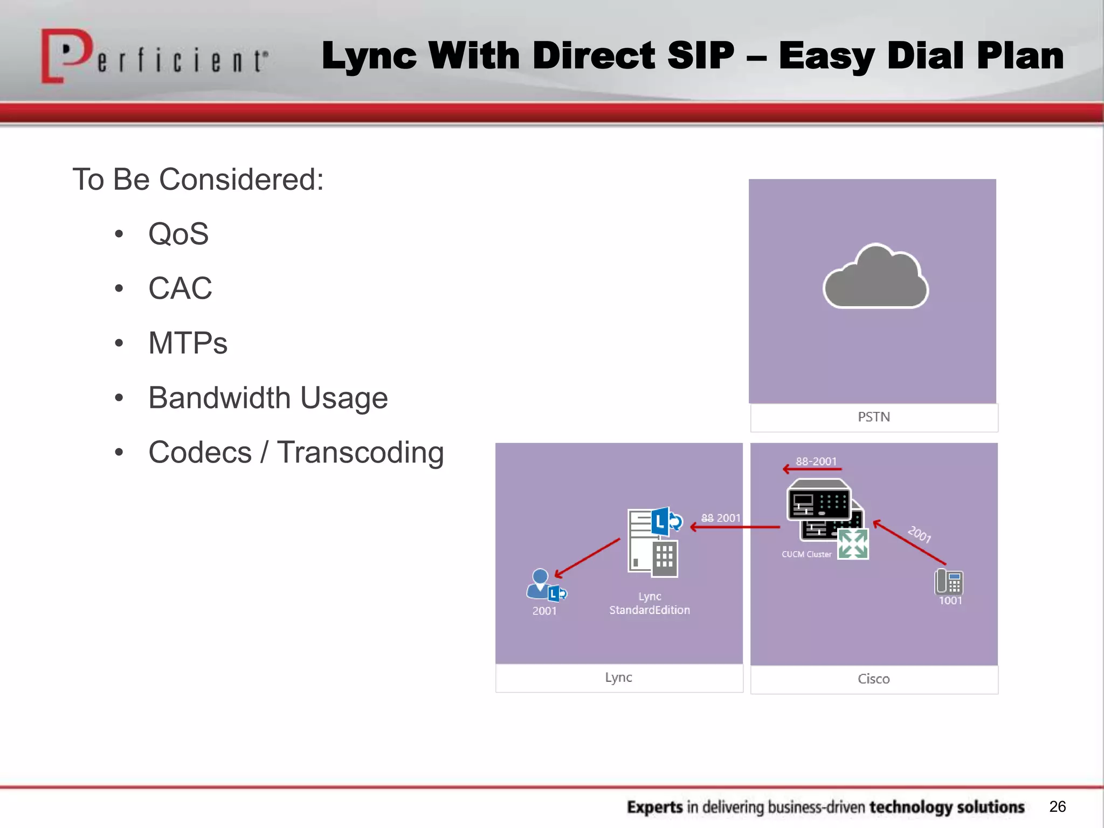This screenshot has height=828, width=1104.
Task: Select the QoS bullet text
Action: (178, 234)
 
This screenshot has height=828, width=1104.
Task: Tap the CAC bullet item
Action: (180, 288)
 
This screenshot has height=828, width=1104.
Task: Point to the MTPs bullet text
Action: (188, 343)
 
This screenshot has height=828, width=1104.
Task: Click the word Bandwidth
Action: (219, 398)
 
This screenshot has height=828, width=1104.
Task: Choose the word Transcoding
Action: (360, 452)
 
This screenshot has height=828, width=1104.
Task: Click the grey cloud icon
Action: (875, 278)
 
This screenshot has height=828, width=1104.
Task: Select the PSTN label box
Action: (874, 417)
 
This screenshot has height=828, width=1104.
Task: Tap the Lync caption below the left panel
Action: (618, 678)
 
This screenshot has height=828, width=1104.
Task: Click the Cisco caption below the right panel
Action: (874, 679)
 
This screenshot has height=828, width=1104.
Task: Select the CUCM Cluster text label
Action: (806, 554)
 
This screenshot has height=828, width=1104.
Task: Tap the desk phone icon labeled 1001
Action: (949, 582)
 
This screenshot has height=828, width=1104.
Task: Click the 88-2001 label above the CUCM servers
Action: (816, 461)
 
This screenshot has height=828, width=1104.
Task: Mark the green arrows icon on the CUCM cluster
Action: (853, 543)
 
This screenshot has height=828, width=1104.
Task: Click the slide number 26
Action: (1057, 806)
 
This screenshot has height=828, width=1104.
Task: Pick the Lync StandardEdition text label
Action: (650, 603)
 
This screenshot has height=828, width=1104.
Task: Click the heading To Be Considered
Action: (198, 180)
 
